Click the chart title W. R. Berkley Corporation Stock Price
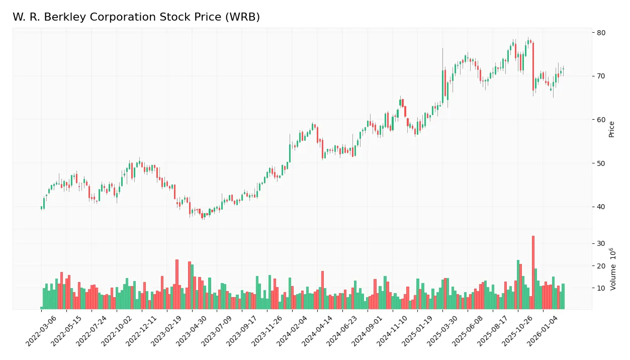(x=136, y=17)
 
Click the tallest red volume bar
(x=533, y=272)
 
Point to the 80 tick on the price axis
(x=601, y=33)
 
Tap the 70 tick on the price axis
(x=601, y=76)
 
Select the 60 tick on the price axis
(x=601, y=120)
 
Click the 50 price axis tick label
(x=601, y=163)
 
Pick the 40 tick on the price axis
(x=601, y=207)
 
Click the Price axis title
(x=612, y=129)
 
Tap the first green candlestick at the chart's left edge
(x=41, y=207)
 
